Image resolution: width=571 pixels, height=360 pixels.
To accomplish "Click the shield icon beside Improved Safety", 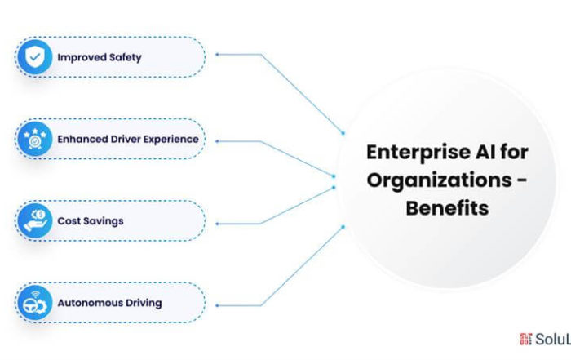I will click(34, 57).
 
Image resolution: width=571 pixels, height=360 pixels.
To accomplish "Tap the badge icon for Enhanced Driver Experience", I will click(34, 139).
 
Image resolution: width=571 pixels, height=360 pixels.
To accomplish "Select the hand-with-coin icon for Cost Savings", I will click(34, 220).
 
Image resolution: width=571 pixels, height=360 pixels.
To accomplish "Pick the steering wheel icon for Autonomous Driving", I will click(34, 303).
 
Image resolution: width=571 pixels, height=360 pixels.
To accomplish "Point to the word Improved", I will click(78, 57).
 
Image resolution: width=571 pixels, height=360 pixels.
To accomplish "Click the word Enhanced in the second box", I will click(80, 139).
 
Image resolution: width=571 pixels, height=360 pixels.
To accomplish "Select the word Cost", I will click(68, 221).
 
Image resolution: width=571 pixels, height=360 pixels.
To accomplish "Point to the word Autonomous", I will click(86, 303).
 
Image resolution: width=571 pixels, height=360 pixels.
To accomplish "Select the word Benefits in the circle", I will click(447, 207).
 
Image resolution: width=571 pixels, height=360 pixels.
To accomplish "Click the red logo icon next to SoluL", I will click(525, 338).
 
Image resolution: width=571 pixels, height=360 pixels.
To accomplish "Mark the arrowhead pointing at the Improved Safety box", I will click(218, 55).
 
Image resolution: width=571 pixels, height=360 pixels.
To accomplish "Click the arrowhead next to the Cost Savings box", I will click(218, 223).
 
